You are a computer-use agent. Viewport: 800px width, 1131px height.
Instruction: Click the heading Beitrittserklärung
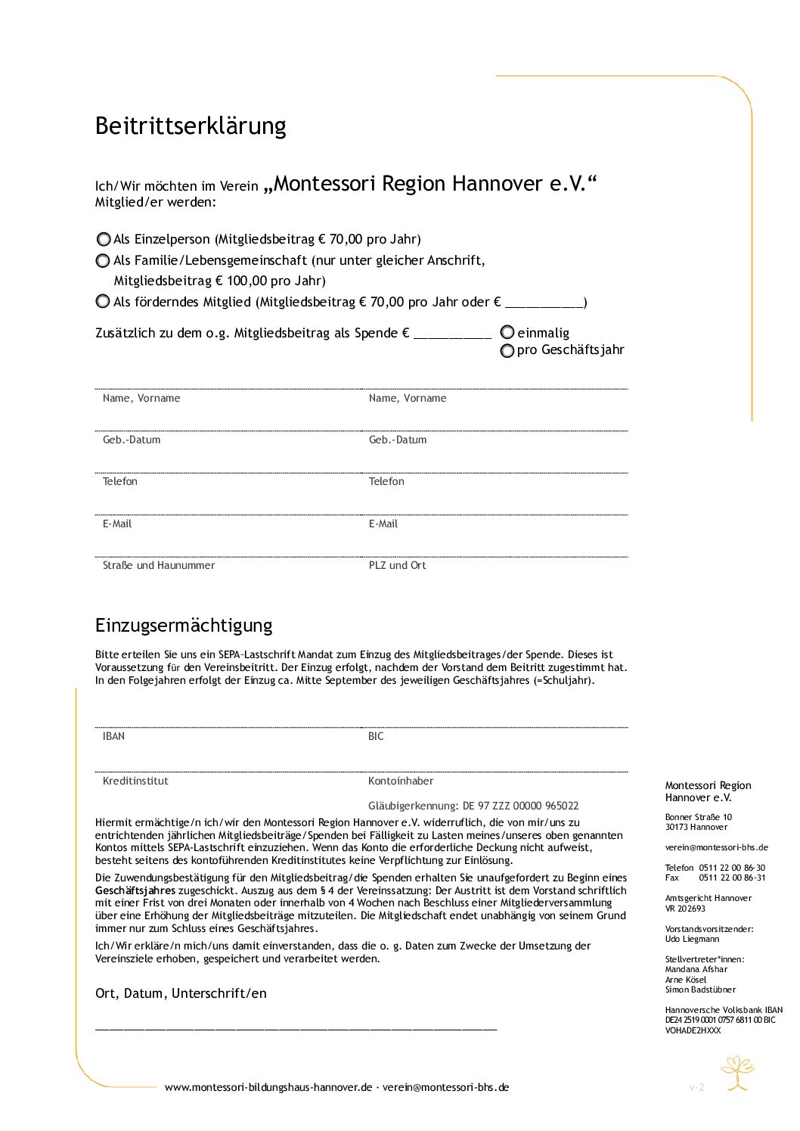(x=191, y=126)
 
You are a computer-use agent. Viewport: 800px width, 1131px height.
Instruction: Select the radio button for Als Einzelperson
(x=104, y=239)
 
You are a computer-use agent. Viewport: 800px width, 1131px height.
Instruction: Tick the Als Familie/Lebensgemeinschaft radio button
(x=104, y=260)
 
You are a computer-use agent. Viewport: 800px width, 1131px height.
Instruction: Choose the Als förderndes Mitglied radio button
(x=104, y=301)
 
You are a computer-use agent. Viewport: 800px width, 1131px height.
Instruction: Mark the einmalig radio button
(x=507, y=332)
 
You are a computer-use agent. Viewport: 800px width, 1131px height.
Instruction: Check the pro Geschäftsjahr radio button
(x=507, y=350)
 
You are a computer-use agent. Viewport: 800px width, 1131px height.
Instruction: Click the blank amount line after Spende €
(x=452, y=334)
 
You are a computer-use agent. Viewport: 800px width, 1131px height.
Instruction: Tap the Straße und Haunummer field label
(x=159, y=565)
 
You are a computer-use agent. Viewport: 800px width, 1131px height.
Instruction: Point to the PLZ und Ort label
(x=397, y=565)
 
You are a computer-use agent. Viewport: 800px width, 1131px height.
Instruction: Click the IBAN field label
(x=113, y=736)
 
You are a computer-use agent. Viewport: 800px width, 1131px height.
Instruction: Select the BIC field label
(x=376, y=736)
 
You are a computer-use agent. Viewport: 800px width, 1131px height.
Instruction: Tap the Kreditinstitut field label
(x=135, y=781)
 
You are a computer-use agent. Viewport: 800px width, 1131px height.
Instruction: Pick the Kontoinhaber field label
(x=401, y=781)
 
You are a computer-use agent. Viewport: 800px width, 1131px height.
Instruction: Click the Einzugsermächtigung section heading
(x=184, y=625)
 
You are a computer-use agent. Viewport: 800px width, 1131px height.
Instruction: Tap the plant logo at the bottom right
(x=737, y=1073)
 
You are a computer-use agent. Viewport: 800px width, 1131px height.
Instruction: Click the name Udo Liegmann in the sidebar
(x=692, y=939)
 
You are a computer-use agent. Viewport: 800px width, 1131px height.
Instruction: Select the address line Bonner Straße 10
(x=699, y=817)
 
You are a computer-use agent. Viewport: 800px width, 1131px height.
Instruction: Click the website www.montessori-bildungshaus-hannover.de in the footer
(x=268, y=1087)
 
